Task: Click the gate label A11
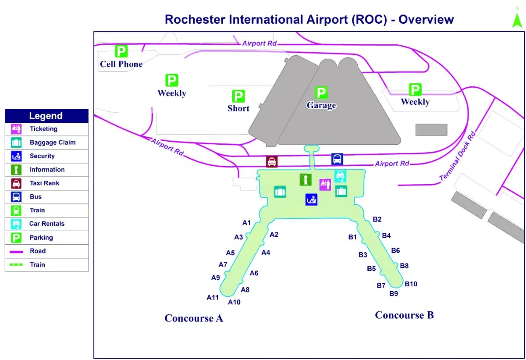[x=213, y=298]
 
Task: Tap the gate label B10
[x=411, y=284]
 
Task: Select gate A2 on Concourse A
[x=274, y=235]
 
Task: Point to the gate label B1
[x=352, y=237]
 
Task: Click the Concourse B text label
[x=404, y=315]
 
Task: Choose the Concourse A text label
[x=194, y=318]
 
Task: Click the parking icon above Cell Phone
[x=121, y=51]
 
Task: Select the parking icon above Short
[x=238, y=96]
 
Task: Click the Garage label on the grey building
[x=321, y=106]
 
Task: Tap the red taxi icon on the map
[x=272, y=161]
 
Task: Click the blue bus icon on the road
[x=337, y=159]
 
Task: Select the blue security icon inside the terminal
[x=311, y=200]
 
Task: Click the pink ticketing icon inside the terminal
[x=325, y=184]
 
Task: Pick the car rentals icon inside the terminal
[x=340, y=176]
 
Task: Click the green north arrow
[x=517, y=19]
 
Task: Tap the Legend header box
[x=46, y=116]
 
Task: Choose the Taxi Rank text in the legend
[x=44, y=183]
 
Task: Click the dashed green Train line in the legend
[x=16, y=265]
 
